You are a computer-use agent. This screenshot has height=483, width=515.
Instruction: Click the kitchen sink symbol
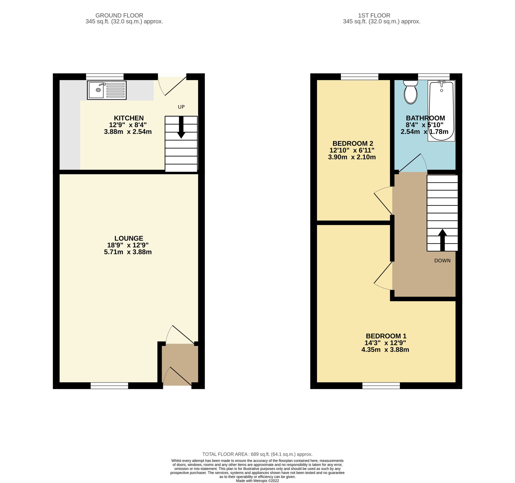106,90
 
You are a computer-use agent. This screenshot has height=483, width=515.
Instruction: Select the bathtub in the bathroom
441,111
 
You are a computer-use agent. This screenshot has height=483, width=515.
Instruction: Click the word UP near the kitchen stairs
181,107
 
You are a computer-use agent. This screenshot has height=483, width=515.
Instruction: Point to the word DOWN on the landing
442,261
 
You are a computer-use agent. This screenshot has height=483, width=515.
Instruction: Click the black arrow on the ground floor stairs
181,127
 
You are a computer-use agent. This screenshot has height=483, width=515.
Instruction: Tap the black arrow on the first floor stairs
442,240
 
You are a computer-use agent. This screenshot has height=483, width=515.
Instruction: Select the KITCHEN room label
129,118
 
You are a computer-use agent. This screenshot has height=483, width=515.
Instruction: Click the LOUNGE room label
129,238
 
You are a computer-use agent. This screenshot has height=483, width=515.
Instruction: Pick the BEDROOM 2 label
353,144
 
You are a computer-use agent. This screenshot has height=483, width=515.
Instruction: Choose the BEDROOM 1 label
386,336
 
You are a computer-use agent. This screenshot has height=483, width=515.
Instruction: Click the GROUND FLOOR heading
119,16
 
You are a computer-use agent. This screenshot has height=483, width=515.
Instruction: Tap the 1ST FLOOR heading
374,16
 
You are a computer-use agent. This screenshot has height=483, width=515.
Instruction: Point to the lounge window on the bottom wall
109,386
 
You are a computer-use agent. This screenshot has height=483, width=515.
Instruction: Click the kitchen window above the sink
105,76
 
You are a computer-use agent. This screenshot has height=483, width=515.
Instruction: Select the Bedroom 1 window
381,386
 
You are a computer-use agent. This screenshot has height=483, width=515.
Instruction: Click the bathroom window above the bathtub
434,76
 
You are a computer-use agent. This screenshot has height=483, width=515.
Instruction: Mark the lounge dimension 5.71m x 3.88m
128,252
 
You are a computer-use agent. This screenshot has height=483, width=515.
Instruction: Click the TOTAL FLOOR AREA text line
257,454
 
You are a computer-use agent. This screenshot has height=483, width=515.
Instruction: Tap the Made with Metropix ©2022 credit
257,481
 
